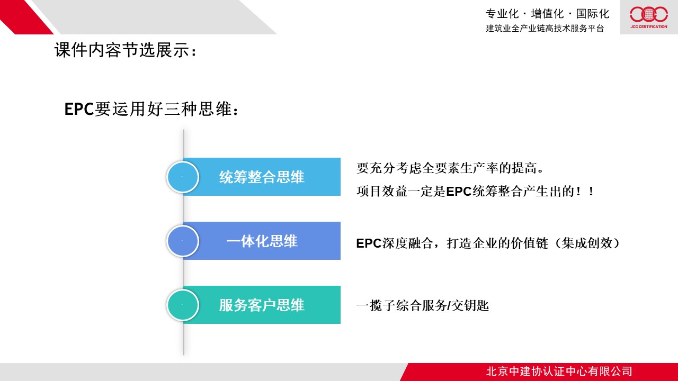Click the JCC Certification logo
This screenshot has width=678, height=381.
tap(649, 17)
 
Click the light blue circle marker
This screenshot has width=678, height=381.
tap(183, 177)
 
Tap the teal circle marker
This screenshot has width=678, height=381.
tap(183, 305)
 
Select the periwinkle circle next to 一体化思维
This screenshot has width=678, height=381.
tap(183, 241)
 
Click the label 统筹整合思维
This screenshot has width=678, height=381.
tap(262, 177)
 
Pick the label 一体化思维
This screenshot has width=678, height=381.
tap(262, 241)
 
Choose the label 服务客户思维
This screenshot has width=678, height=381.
tap(262, 305)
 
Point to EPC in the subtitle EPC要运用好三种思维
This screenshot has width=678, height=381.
tap(79, 109)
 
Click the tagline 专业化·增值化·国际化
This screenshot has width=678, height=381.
tap(547, 14)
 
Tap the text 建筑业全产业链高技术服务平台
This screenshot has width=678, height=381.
tap(545, 28)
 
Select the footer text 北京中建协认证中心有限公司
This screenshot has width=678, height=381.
tap(559, 371)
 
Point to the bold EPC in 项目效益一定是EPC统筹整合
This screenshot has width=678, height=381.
tap(459, 192)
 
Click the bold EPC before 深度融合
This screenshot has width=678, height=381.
tap(369, 243)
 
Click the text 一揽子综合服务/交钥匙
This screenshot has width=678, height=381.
tap(423, 305)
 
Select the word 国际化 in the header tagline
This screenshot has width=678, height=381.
tap(593, 14)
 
